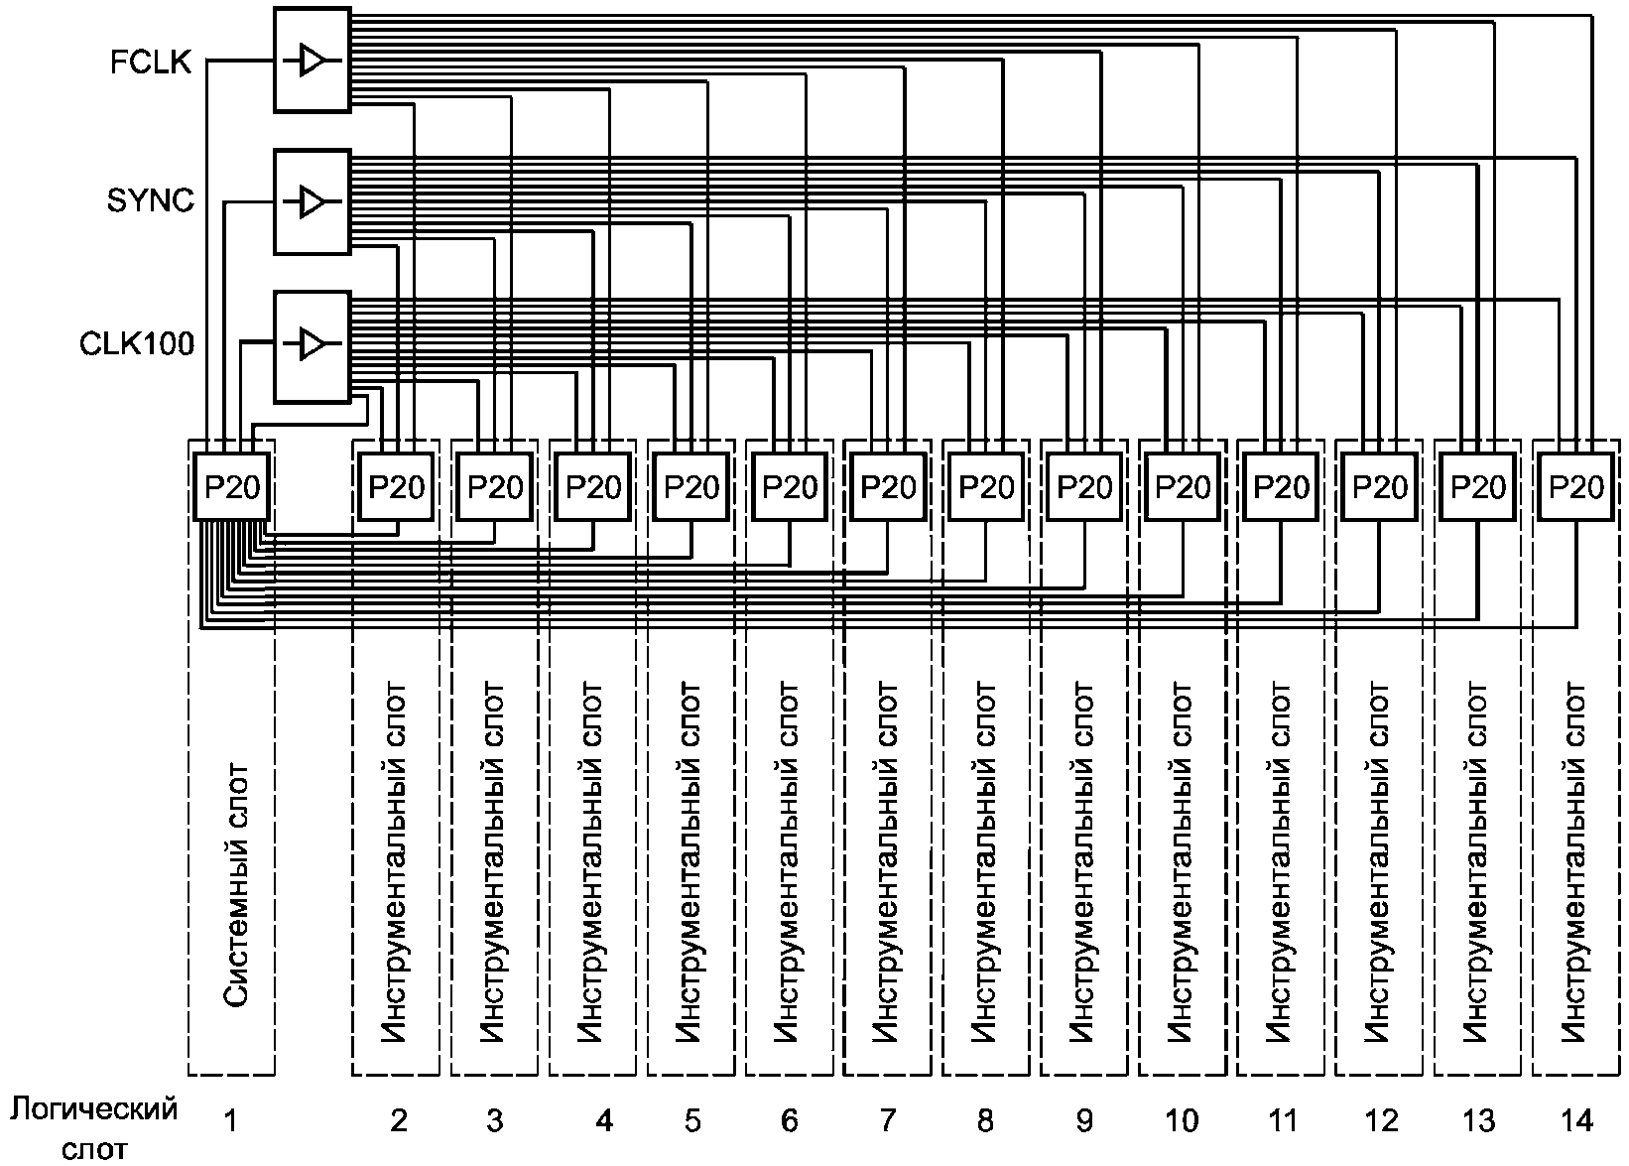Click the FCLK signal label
click(x=151, y=62)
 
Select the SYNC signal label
click(x=151, y=201)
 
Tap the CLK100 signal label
click(x=137, y=344)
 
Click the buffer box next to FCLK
click(x=312, y=61)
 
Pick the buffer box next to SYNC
click(x=312, y=201)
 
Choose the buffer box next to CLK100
click(x=312, y=345)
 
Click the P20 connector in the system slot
click(x=232, y=486)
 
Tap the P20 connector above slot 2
click(x=396, y=486)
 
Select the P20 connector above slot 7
click(x=887, y=486)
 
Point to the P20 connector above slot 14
click(x=1575, y=486)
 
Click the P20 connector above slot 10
click(x=1182, y=486)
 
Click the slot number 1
click(x=230, y=1120)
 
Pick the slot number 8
click(x=984, y=1120)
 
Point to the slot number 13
click(x=1477, y=1120)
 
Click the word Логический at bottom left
click(x=95, y=1109)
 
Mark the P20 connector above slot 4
click(x=592, y=486)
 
